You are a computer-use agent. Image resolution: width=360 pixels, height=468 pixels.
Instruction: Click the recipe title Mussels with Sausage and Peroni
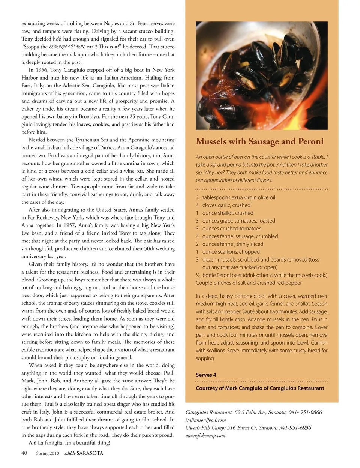coord(259,141)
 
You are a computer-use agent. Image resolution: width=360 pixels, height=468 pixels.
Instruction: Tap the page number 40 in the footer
coord(24,453)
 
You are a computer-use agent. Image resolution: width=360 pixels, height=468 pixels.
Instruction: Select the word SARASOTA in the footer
coord(90,453)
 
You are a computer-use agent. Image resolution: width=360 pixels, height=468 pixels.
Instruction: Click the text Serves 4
coord(206,375)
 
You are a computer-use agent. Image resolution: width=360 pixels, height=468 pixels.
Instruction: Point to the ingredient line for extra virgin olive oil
coord(238,197)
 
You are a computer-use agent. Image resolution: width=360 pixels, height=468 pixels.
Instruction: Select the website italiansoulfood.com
coord(206,420)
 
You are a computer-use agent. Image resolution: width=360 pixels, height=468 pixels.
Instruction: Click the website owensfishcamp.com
coord(205,435)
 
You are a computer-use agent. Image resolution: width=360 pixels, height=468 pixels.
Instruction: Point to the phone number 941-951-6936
coord(295,427)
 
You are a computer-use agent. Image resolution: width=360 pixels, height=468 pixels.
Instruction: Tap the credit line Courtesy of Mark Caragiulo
coord(260,388)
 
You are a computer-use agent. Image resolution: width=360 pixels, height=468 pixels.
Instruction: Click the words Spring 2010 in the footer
coord(48,453)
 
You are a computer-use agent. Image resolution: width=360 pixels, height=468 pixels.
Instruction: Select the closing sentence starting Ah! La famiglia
coord(69,443)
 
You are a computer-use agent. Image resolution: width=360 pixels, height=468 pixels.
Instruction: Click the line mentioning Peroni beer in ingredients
coord(261,275)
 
